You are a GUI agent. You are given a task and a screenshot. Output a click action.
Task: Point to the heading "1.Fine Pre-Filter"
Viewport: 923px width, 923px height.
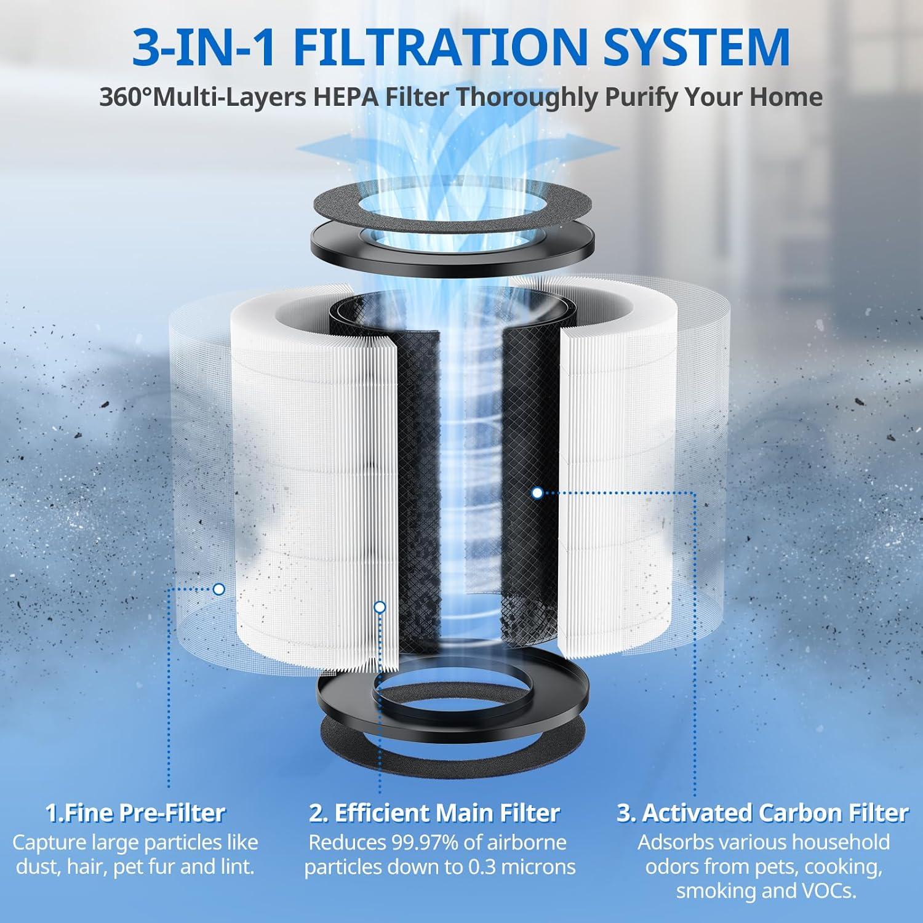point(135,813)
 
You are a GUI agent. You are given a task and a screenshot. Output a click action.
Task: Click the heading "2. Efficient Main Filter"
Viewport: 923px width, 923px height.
point(434,813)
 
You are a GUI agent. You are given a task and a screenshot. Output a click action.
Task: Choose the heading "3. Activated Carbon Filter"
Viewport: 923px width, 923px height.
point(762,813)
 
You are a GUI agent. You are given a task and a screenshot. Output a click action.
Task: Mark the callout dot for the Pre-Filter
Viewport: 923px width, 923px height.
point(218,589)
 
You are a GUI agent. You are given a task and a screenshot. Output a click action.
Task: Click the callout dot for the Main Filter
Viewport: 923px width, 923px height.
point(380,607)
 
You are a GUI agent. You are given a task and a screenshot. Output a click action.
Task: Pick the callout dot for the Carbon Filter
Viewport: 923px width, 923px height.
point(537,493)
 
